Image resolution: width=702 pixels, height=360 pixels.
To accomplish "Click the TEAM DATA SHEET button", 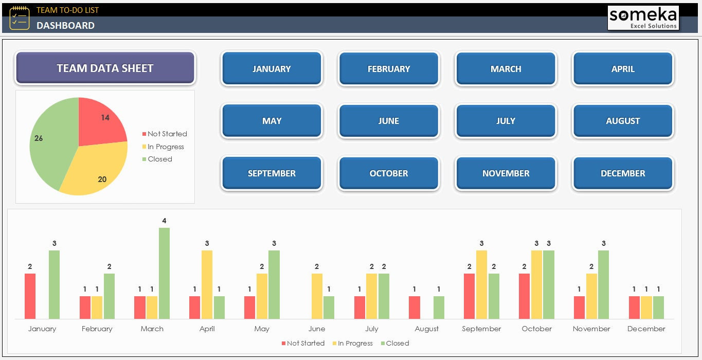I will click(x=105, y=68).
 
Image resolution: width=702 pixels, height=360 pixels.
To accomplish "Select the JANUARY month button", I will click(x=272, y=68).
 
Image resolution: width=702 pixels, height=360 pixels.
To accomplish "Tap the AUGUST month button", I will click(x=623, y=121).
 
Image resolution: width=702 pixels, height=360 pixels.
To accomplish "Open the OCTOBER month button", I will click(x=388, y=173).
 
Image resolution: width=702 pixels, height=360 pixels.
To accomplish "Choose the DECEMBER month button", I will click(x=623, y=173).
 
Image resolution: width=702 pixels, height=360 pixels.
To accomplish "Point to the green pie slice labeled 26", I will click(x=49, y=144).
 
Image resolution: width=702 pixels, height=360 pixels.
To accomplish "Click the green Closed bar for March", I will click(x=164, y=273).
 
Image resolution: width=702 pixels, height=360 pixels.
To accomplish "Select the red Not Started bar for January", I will click(x=30, y=296).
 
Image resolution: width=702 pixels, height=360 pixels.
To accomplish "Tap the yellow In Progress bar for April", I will click(x=207, y=284).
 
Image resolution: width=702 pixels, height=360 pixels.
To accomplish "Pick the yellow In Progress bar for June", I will click(x=317, y=296).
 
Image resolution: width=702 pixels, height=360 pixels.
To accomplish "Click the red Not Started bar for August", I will click(x=415, y=307).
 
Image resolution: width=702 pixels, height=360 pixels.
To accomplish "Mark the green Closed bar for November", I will click(x=603, y=284).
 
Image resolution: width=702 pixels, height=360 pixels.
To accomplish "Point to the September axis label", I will click(x=481, y=329).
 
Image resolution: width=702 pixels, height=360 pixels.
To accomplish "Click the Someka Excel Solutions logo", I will click(x=643, y=18).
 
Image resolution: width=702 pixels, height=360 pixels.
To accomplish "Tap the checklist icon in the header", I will click(x=20, y=18).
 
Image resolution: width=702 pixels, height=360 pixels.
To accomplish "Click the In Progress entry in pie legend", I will click(x=165, y=147).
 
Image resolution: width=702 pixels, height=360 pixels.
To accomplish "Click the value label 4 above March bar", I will click(x=164, y=221).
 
